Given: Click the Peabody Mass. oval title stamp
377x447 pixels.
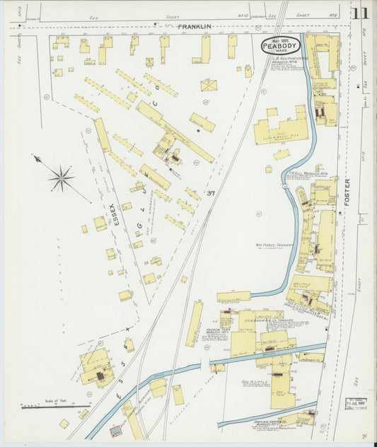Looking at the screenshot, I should point(281,45).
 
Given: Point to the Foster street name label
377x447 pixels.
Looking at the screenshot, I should point(347,192).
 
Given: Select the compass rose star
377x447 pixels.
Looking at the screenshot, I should point(62,178).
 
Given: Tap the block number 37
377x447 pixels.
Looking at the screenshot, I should point(211,193).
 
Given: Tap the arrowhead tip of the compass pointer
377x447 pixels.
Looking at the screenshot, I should point(34,157).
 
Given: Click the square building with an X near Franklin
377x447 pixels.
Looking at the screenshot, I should point(208,85).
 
